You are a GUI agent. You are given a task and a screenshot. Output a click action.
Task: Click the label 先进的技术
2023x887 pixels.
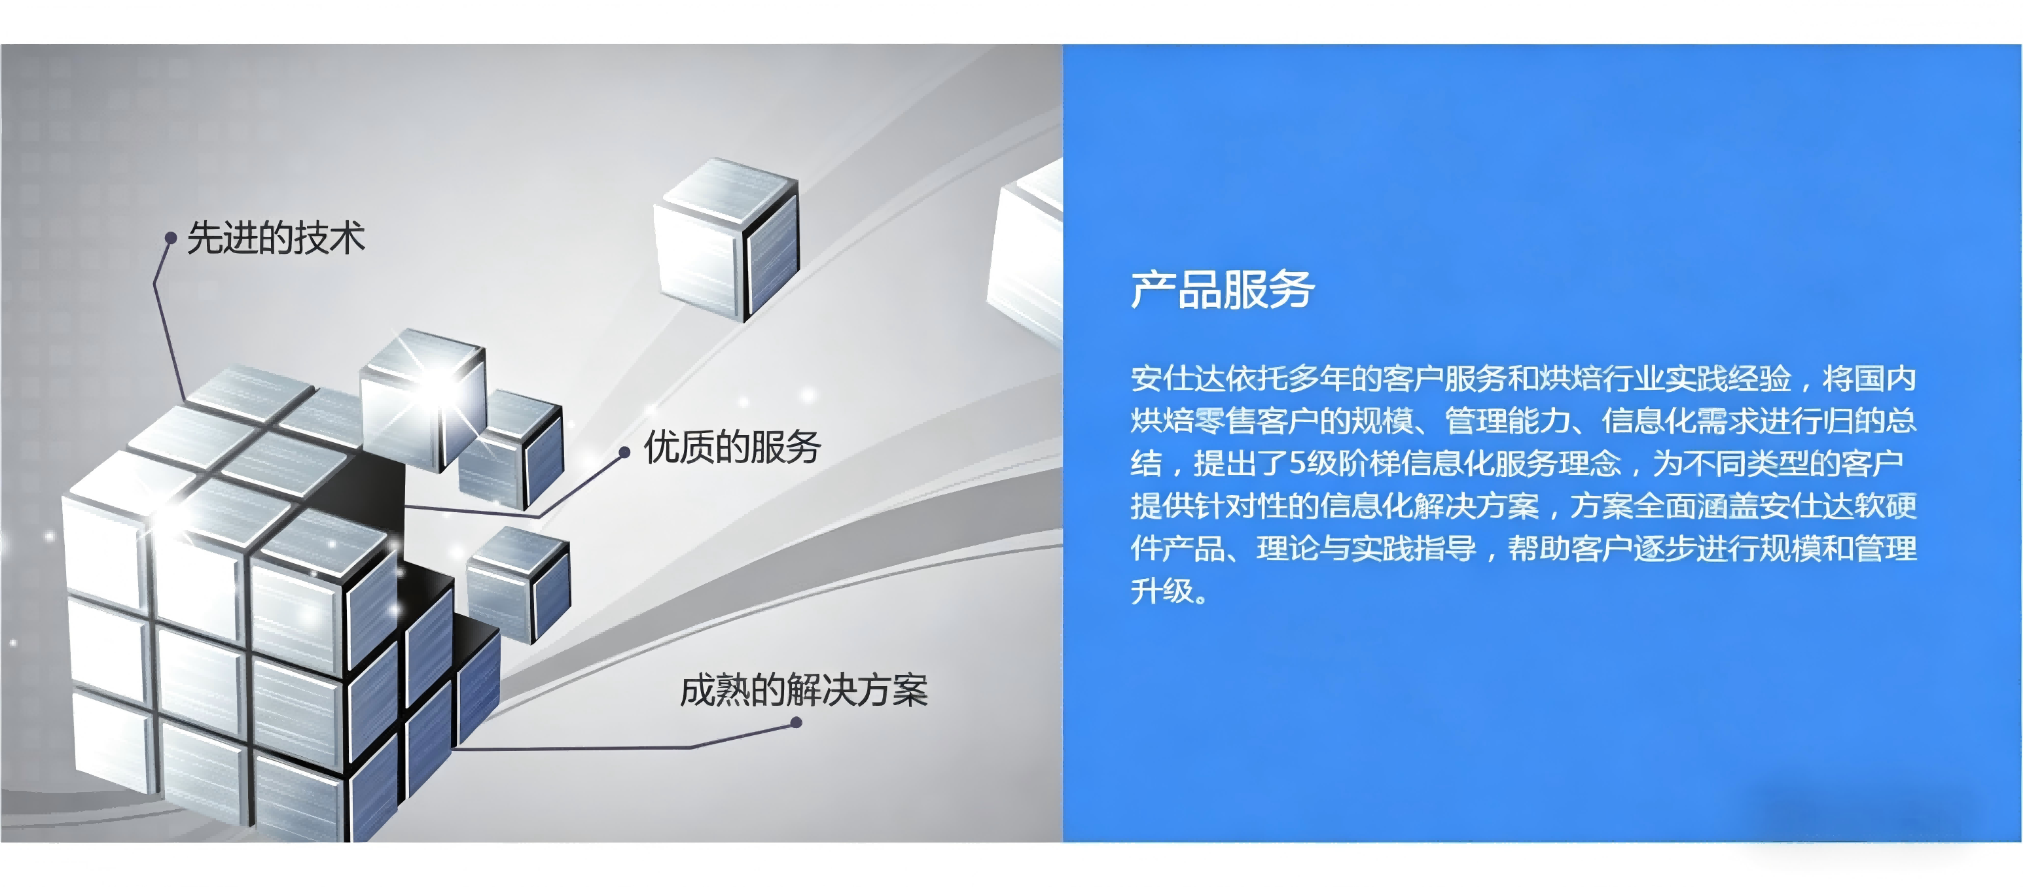pos(276,238)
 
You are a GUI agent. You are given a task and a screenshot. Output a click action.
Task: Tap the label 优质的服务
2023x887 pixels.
pos(732,447)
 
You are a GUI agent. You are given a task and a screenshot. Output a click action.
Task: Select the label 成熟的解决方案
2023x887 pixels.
pos(804,691)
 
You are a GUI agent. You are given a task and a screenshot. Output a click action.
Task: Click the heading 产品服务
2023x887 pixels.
pos(1222,290)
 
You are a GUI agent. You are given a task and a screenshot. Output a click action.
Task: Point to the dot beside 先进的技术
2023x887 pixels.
pos(170,238)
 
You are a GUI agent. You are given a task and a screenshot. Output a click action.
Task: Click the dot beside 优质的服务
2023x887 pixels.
pos(624,452)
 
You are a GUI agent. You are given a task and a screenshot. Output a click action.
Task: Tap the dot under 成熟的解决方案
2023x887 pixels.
pos(796,722)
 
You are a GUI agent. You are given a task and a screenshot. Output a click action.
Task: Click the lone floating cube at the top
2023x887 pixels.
pos(726,239)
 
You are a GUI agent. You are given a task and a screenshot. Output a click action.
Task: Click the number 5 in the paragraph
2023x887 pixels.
pos(1297,464)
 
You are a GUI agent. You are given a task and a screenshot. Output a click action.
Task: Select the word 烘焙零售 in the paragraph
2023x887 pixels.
pos(1193,421)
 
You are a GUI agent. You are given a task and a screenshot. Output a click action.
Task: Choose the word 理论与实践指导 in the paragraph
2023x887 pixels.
pos(1367,549)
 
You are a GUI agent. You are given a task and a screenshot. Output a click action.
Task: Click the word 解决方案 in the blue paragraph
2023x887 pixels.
pos(1477,506)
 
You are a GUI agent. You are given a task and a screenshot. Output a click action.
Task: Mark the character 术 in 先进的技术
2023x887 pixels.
pos(347,238)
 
